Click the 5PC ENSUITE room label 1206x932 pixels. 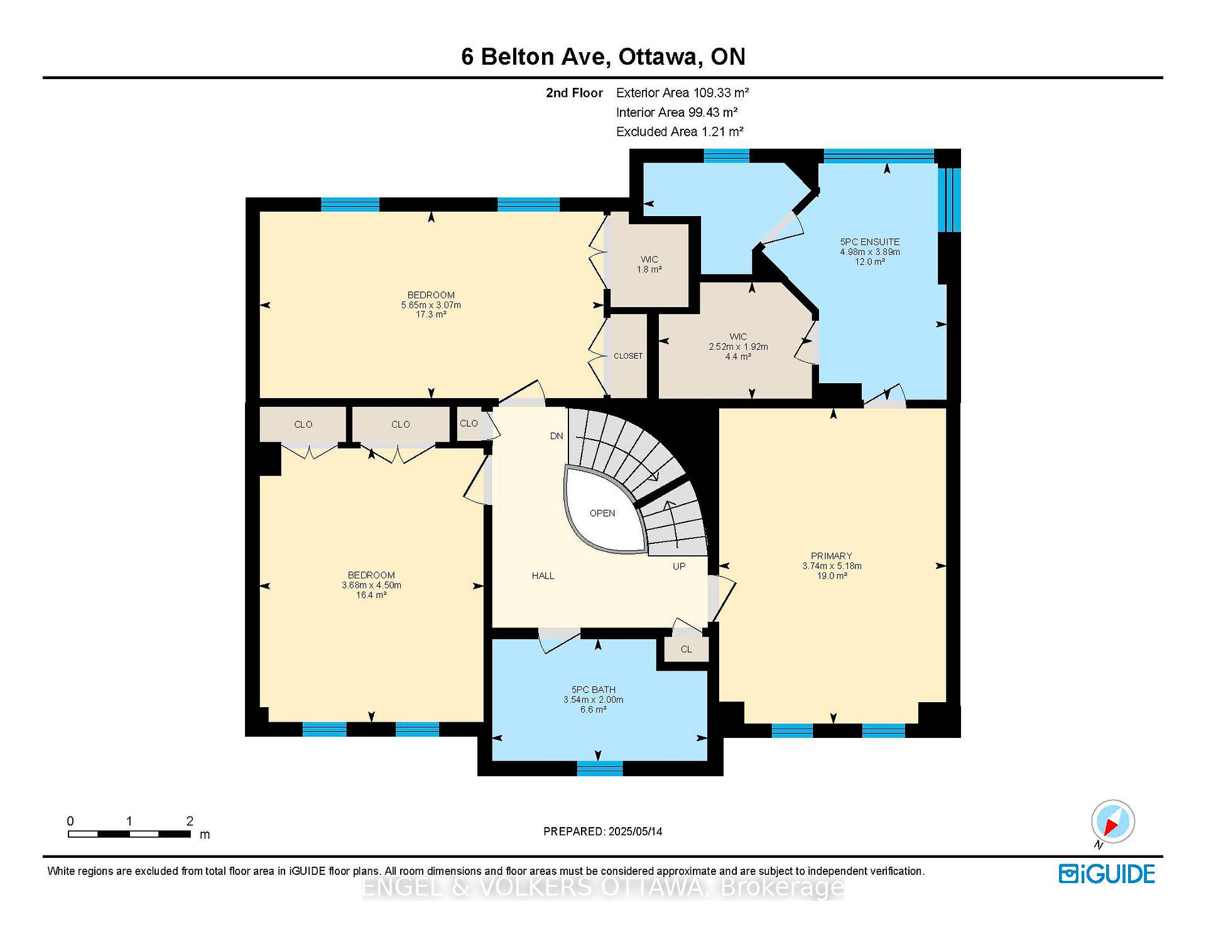pos(870,242)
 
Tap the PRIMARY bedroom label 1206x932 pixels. pos(831,556)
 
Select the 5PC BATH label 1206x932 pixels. pos(593,690)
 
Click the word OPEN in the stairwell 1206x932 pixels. pos(602,513)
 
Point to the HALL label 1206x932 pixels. pos(543,575)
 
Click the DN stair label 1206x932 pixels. pos(557,436)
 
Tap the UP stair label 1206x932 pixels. pos(679,566)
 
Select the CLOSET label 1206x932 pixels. pos(628,356)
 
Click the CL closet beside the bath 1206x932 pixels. pos(686,649)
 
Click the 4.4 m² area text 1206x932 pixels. pos(738,357)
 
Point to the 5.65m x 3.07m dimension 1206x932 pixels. pos(431,305)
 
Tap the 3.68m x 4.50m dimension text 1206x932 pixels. pos(371,585)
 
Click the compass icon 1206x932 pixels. pos(1113,821)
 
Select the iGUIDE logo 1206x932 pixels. pos(1107,874)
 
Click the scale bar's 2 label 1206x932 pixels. pos(190,821)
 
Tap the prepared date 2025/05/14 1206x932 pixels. pos(635,832)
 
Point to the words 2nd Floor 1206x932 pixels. pos(574,93)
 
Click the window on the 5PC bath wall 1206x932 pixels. pos(600,768)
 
